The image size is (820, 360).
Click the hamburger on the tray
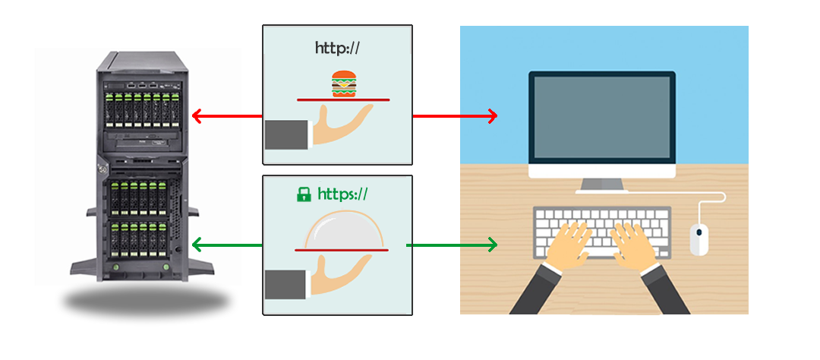tap(344, 84)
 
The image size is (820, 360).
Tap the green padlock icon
tap(304, 194)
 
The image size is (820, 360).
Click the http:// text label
tap(337, 48)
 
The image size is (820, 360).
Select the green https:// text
tap(342, 194)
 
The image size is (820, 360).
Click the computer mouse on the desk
tap(699, 238)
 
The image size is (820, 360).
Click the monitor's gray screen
tap(602, 119)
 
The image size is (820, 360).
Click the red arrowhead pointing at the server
tap(196, 116)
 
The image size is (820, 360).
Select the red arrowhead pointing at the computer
tap(493, 116)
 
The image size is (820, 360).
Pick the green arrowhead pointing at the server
tap(196, 245)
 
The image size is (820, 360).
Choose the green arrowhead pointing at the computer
tap(493, 245)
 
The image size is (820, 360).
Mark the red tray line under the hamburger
tap(343, 99)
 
